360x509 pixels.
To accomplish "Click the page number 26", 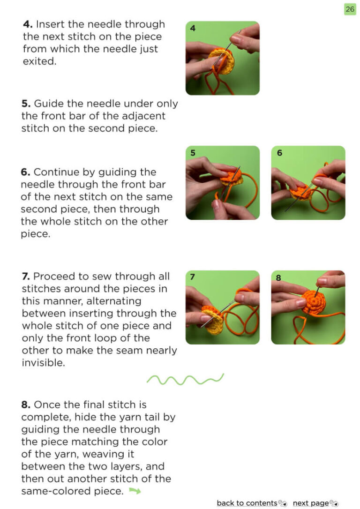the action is pos(350,9).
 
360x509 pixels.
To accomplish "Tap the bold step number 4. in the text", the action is pos(28,24).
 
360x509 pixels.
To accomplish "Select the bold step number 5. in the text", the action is pos(26,104).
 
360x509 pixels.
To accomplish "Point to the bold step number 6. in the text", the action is pos(25,172).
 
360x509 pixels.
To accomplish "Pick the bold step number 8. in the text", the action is pos(26,405).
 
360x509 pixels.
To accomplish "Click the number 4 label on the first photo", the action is pos(193,28).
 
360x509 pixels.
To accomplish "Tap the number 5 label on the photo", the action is pos(193,153).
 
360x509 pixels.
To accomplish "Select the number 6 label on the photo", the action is pos(279,153).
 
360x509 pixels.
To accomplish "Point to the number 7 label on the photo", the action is pos(193,277).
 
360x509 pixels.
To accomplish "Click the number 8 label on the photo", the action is pos(278,278).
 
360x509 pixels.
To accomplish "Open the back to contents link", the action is pos(247,503).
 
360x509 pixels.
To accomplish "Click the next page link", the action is pos(311,503).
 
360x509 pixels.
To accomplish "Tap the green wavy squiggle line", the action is pos(185,379).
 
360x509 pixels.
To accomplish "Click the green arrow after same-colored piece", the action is pos(135,491).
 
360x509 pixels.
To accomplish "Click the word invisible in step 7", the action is pos(43,363).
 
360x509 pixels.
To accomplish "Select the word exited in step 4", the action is pos(39,61).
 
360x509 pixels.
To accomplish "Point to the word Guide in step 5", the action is pos(48,104).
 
